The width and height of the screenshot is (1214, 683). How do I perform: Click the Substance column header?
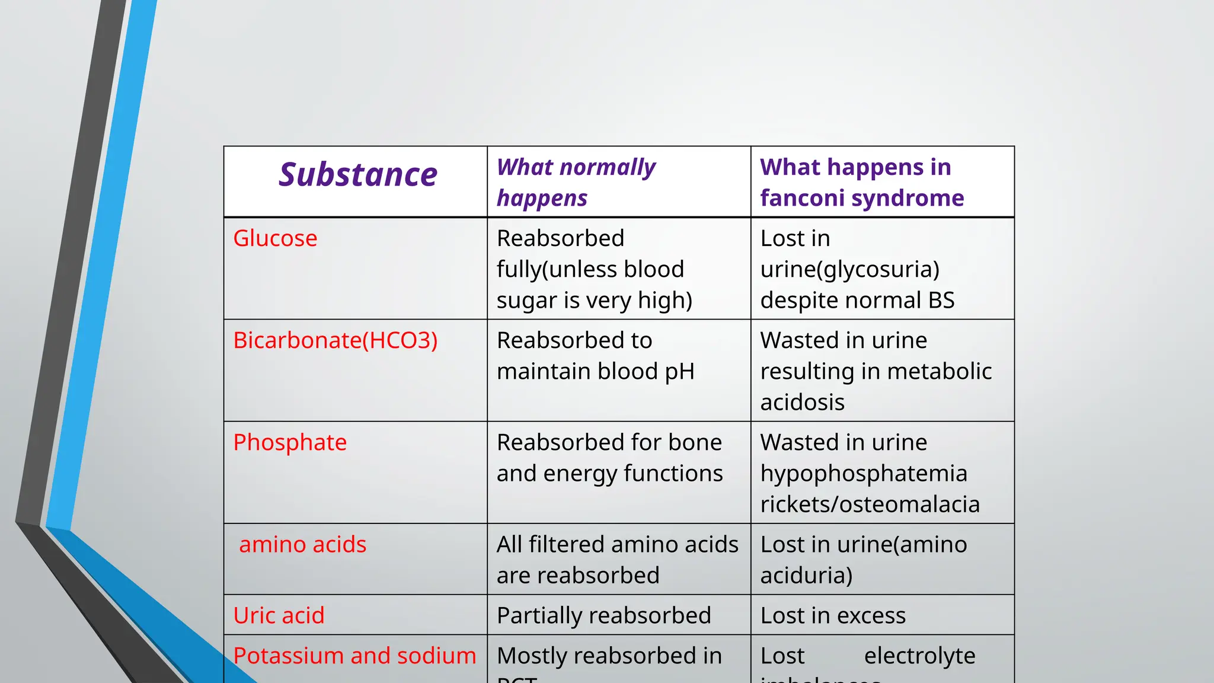click(x=358, y=175)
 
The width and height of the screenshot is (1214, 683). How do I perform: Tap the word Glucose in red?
click(x=275, y=238)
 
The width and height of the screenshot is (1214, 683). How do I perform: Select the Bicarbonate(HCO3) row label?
click(x=336, y=340)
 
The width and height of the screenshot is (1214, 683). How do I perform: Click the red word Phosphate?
click(x=290, y=442)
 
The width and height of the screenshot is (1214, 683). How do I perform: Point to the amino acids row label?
click(x=302, y=544)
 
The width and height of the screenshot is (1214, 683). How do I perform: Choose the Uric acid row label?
click(x=279, y=615)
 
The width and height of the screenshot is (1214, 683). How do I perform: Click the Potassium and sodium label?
click(x=354, y=656)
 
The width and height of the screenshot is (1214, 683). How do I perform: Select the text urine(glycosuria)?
click(x=849, y=270)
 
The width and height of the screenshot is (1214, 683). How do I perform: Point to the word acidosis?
click(x=802, y=402)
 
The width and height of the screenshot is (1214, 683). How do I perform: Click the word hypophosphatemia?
click(x=864, y=474)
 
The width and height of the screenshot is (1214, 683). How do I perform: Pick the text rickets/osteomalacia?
click(x=870, y=505)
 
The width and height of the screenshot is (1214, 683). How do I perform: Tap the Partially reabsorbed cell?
click(x=603, y=615)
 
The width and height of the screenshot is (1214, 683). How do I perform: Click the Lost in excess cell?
click(x=833, y=615)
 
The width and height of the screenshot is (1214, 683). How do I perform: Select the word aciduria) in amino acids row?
click(x=806, y=576)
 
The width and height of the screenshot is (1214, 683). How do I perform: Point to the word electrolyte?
click(x=919, y=656)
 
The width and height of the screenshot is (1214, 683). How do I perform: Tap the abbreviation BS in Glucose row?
click(x=941, y=300)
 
